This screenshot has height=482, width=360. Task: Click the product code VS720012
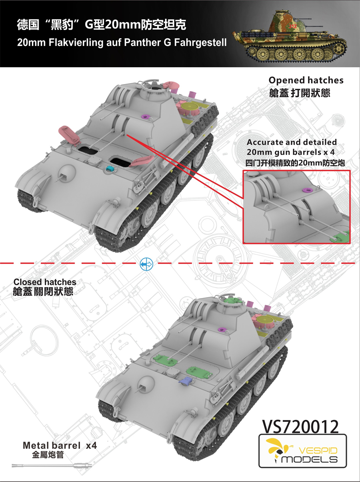[300, 427]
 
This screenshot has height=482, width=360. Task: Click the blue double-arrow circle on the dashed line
[146, 264]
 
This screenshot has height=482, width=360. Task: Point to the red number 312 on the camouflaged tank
[293, 26]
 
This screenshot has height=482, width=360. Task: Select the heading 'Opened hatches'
[306, 80]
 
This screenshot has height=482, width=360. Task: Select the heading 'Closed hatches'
[45, 282]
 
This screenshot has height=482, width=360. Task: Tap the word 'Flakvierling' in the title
[76, 43]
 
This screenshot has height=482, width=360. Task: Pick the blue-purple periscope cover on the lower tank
[186, 380]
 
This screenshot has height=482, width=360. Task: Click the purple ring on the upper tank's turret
[145, 116]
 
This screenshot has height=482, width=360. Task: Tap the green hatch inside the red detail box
[340, 237]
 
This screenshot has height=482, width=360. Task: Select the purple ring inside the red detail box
[307, 190]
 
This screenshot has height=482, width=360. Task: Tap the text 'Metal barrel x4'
[60, 446]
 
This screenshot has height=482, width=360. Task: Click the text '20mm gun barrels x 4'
[291, 152]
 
